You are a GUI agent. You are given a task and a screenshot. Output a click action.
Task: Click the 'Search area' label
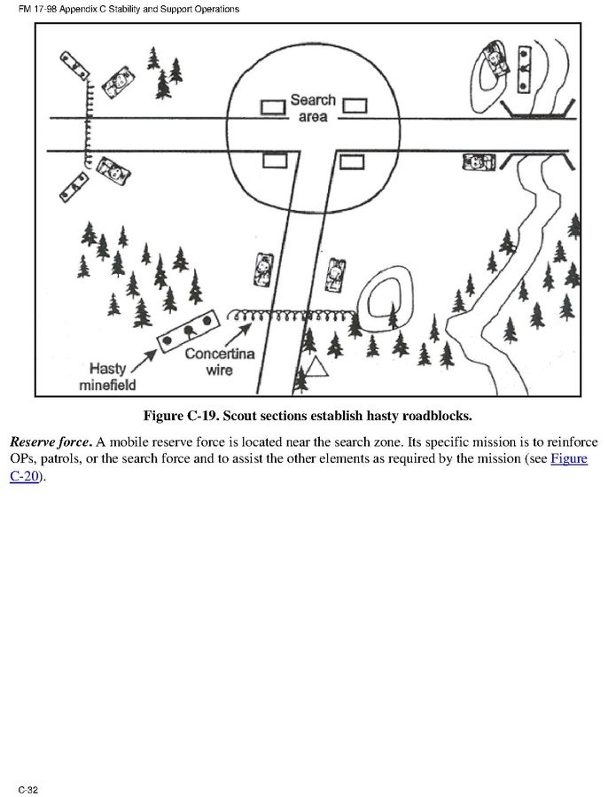coord(312,107)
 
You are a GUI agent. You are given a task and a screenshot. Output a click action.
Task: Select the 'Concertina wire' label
coord(219,361)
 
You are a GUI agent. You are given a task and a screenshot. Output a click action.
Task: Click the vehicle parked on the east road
coord(479,161)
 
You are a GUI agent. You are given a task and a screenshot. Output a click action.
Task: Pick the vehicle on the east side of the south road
coord(335,274)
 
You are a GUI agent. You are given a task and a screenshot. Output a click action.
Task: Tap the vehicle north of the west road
coord(117,82)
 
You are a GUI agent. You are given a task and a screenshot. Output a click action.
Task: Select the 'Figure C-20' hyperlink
coord(570,459)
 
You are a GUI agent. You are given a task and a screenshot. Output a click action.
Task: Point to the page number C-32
coord(27,788)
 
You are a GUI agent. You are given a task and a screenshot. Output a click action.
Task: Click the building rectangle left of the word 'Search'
coord(272,107)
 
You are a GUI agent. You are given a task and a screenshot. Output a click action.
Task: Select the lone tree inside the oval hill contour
coord(394,316)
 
